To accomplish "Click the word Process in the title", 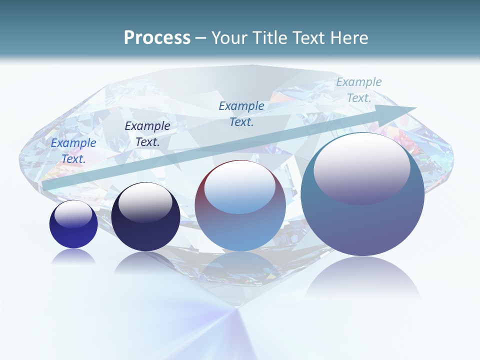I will click(x=157, y=38).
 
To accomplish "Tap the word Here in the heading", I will click(x=348, y=38).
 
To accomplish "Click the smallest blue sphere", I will click(x=73, y=224).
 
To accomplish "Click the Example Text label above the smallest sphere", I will click(x=73, y=151).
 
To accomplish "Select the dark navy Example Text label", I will click(x=147, y=134).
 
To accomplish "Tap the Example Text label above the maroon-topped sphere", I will click(x=241, y=114).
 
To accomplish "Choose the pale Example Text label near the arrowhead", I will click(x=359, y=90).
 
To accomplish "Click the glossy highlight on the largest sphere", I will click(x=361, y=167).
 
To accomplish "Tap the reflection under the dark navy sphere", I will click(x=145, y=262).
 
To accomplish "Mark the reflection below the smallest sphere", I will click(x=73, y=256).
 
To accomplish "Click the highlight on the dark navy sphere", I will click(x=145, y=202).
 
